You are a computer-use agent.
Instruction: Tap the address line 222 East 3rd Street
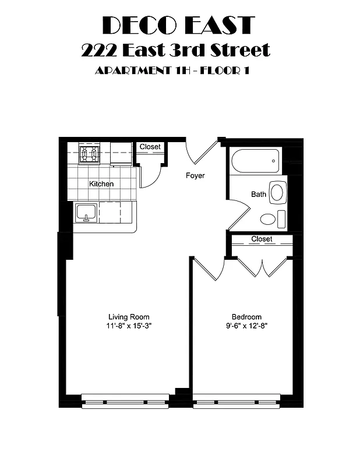coord(176,50)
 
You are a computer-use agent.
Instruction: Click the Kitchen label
coord(101,184)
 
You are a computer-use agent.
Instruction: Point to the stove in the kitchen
coord(90,154)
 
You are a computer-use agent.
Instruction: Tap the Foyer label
coord(195,175)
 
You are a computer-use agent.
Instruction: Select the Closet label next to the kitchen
coord(150,147)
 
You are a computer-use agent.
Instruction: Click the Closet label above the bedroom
coord(262,239)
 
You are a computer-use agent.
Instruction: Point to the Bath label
coord(259,194)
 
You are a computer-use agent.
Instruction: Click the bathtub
coord(256,161)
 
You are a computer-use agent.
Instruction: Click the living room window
coord(125,401)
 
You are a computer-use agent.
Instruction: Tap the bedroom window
coord(237,401)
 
